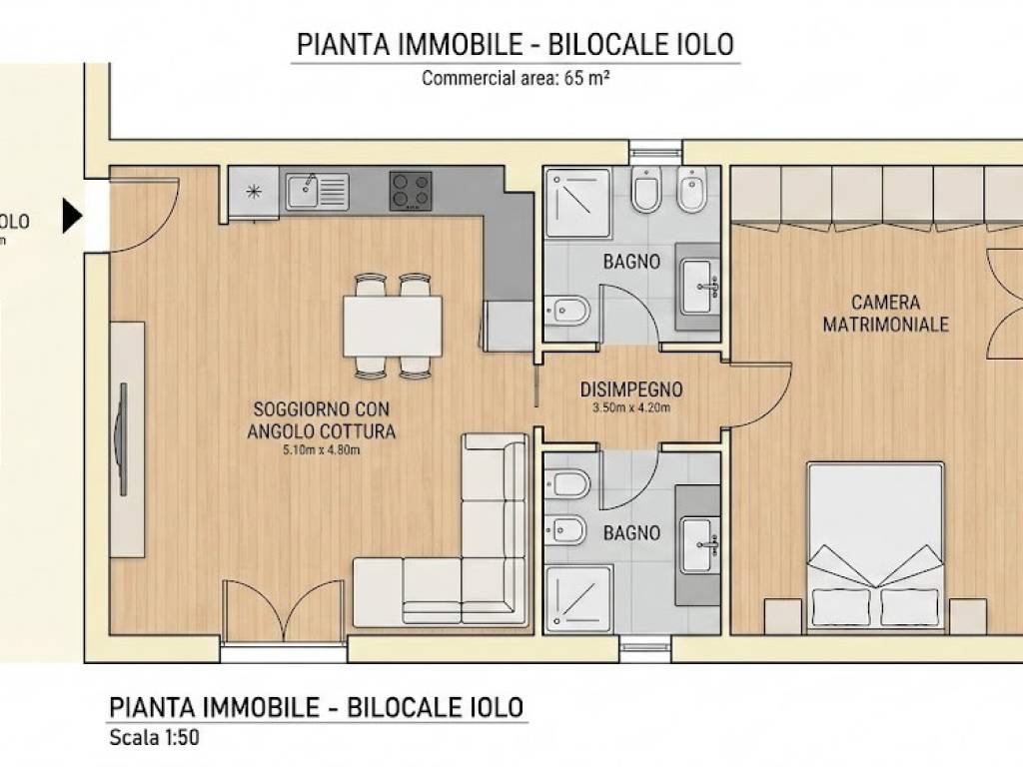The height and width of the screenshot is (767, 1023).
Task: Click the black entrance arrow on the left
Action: point(72,215)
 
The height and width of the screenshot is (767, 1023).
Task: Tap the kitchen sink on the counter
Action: point(317,191)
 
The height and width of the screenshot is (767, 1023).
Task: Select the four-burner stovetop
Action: point(411,190)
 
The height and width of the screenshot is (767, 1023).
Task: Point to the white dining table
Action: point(393,326)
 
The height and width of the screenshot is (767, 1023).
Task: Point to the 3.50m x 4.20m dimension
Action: point(630,407)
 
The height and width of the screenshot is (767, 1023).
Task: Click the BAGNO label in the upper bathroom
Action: point(630,263)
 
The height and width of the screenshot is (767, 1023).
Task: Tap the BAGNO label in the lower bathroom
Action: point(631,533)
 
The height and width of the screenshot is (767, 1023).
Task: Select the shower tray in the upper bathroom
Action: point(577,203)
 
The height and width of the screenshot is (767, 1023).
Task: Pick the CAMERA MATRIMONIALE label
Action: point(885,313)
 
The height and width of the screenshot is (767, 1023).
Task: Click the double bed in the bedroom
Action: point(876,544)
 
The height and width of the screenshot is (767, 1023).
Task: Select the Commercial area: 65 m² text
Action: point(515,78)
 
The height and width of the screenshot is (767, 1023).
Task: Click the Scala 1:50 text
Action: point(160,739)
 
